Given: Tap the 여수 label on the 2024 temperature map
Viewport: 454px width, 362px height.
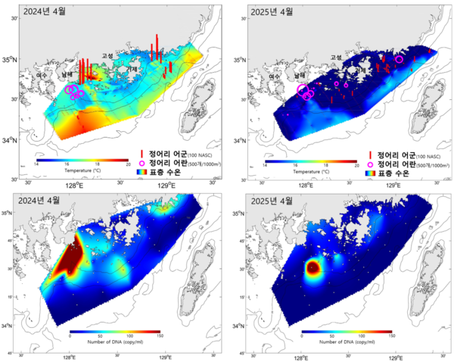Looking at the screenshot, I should tap(42, 76).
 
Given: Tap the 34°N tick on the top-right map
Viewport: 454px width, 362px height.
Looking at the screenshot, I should tap(255, 141).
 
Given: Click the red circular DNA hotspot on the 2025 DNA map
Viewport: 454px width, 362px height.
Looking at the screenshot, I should tap(312, 267).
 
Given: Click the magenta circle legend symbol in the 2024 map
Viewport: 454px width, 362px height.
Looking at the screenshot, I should tap(141, 162).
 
